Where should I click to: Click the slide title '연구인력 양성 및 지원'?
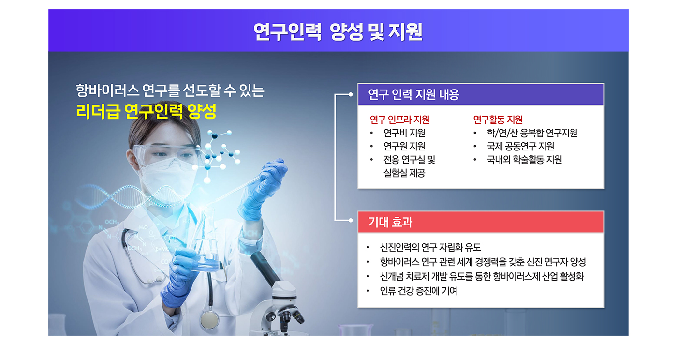[338, 32]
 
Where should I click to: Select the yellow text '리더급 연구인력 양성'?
[146, 112]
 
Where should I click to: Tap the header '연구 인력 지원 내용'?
[413, 95]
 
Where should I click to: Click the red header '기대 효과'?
[390, 222]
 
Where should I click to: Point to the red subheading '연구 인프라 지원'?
[399, 120]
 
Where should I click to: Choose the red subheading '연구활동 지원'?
[498, 120]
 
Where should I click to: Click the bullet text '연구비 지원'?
[404, 133]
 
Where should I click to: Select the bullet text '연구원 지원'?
[404, 146]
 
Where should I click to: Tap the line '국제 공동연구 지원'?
[520, 146]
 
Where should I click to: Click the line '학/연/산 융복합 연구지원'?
[532, 133]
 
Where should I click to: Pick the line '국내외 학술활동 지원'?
[524, 159]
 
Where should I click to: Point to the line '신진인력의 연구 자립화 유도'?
[430, 247]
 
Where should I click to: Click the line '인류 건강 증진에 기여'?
[419, 291]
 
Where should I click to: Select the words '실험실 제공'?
[404, 173]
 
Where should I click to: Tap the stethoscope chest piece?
[209, 319]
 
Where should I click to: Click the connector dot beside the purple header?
[350, 95]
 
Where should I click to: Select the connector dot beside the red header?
[350, 220]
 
